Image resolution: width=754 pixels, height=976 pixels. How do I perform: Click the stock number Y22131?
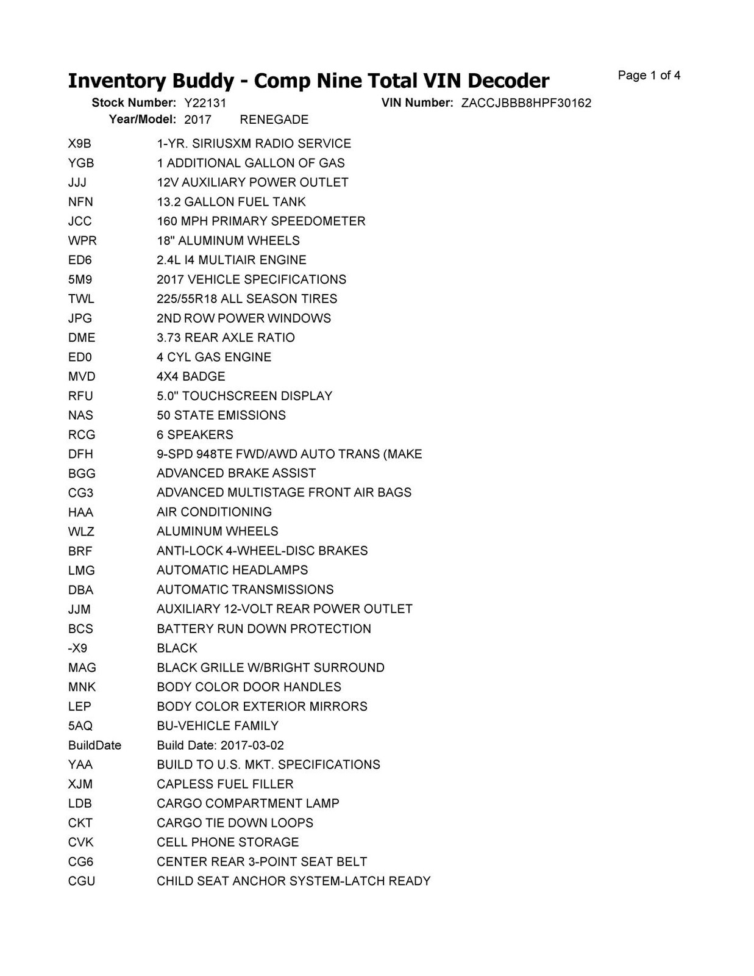(x=205, y=103)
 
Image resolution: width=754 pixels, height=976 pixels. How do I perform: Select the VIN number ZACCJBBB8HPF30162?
(x=526, y=103)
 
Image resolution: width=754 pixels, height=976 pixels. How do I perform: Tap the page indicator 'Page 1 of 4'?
(x=649, y=76)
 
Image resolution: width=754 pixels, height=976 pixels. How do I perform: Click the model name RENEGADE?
(x=274, y=120)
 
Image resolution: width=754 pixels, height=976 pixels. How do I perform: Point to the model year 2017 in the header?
(x=197, y=120)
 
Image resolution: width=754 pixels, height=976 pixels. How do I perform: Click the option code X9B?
(x=79, y=144)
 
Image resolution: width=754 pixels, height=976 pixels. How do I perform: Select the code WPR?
(x=82, y=241)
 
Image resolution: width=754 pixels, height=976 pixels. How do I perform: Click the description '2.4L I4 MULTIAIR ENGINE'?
(x=231, y=260)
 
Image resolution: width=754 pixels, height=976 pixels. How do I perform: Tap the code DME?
(x=82, y=338)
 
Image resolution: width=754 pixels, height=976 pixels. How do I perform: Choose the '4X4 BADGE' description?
(x=191, y=376)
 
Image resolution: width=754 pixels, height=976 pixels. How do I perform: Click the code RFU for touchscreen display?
(x=80, y=396)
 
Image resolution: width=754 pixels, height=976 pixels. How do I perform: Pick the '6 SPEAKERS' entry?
(x=194, y=435)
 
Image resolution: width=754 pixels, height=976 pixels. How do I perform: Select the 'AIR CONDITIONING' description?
(x=214, y=512)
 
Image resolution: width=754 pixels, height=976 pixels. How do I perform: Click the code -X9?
(x=77, y=648)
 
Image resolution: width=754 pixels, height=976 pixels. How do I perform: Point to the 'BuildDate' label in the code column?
(x=94, y=745)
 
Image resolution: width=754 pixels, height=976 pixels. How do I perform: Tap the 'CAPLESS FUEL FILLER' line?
(x=225, y=784)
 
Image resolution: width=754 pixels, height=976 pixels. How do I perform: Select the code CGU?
(x=82, y=881)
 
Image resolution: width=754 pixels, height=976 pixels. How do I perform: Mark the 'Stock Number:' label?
(x=133, y=102)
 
